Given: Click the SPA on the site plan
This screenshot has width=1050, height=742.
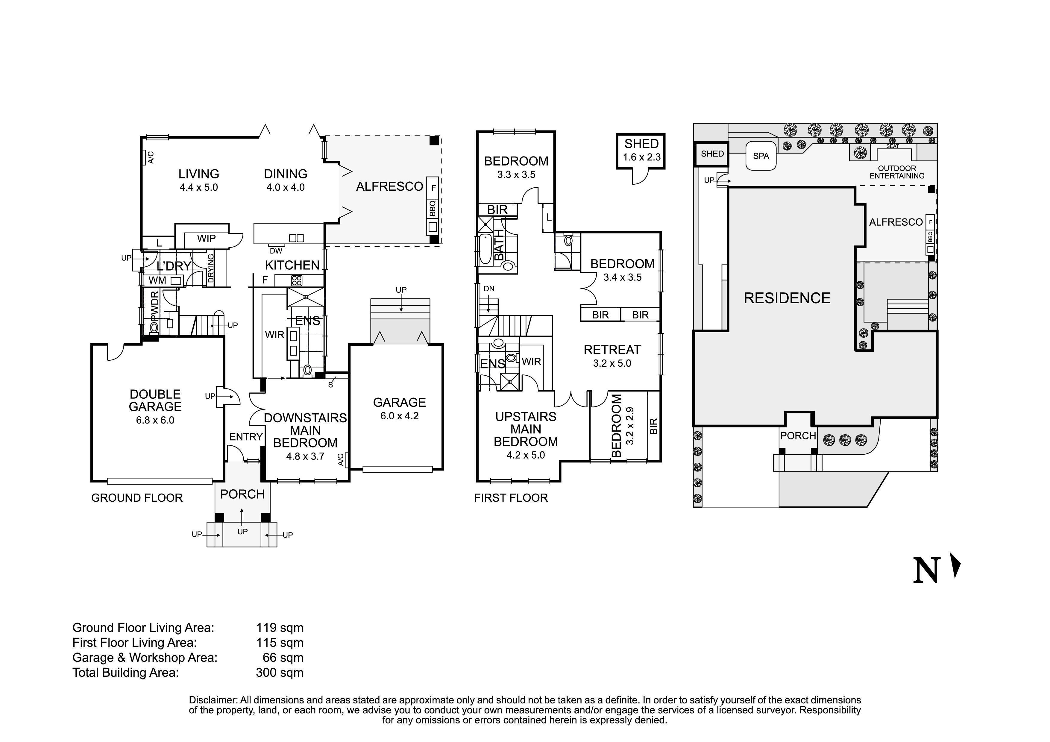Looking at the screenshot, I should coord(761,156).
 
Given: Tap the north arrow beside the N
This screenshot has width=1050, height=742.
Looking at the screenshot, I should coord(955,565).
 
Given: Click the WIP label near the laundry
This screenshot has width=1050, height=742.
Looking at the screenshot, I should coord(206,238).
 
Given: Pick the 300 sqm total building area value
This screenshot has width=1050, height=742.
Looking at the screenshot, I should coord(280,673).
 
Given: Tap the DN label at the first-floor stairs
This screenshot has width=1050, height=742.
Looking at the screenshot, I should coord(489,289).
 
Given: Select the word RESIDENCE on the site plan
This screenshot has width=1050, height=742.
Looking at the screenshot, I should coord(787,298).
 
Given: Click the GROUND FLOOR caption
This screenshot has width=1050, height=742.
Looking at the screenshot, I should coord(137,498).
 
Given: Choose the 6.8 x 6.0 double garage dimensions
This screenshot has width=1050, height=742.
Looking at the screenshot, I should coord(155,420).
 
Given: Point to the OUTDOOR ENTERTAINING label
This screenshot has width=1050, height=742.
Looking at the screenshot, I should coord(897,172).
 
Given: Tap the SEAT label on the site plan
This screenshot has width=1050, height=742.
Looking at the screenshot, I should coord(892,146).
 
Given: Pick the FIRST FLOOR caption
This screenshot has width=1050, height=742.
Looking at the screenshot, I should coord(511,498).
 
